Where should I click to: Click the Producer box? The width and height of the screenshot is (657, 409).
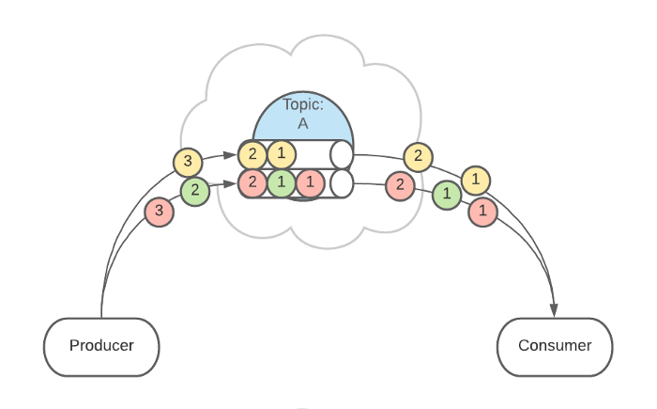coord(101,345)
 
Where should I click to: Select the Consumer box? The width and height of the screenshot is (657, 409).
coord(555,345)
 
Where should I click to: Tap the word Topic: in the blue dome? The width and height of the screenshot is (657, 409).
coord(303,104)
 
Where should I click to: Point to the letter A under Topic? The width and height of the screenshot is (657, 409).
coord(303,122)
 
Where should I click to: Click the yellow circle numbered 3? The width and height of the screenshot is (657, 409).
coord(188,162)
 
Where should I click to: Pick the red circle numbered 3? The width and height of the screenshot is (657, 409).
coord(159,212)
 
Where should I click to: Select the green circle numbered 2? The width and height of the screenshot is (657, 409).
coord(194,192)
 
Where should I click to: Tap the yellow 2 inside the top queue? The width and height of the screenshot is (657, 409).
coord(252,153)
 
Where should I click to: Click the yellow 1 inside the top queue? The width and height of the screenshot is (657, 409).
coord(282,153)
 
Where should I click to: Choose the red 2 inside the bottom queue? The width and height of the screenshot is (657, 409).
coord(252,182)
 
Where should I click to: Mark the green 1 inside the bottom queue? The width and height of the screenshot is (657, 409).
coord(282,183)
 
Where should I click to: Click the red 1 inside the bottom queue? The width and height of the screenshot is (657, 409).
coord(311,183)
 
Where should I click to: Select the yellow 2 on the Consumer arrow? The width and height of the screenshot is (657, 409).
coord(418,157)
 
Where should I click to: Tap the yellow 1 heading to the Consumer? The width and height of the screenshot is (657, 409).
coord(476,179)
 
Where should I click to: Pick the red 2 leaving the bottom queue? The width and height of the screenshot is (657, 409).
coord(400,184)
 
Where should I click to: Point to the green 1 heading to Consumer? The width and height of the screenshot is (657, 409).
coord(447,195)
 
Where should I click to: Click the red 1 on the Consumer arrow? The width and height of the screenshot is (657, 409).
coord(482,212)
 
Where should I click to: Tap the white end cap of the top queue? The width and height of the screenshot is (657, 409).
coord(341,153)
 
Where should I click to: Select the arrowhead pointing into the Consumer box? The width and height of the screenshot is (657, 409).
coord(555,311)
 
